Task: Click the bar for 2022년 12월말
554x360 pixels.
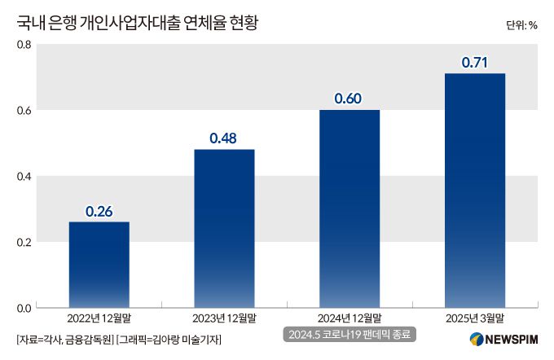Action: (x=99, y=265)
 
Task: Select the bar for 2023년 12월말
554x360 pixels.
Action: (x=223, y=228)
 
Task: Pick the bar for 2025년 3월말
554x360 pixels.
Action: (x=474, y=191)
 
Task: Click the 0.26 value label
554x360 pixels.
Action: (x=99, y=212)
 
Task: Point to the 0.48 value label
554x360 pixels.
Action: (x=223, y=138)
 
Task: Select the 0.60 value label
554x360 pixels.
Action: (x=349, y=99)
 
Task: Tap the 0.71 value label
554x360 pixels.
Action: (x=474, y=63)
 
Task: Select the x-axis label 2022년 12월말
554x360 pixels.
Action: (x=99, y=318)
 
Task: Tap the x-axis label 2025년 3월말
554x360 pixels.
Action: (x=474, y=318)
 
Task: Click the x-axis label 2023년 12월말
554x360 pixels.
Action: (x=223, y=318)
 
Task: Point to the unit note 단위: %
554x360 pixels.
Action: (x=521, y=24)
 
